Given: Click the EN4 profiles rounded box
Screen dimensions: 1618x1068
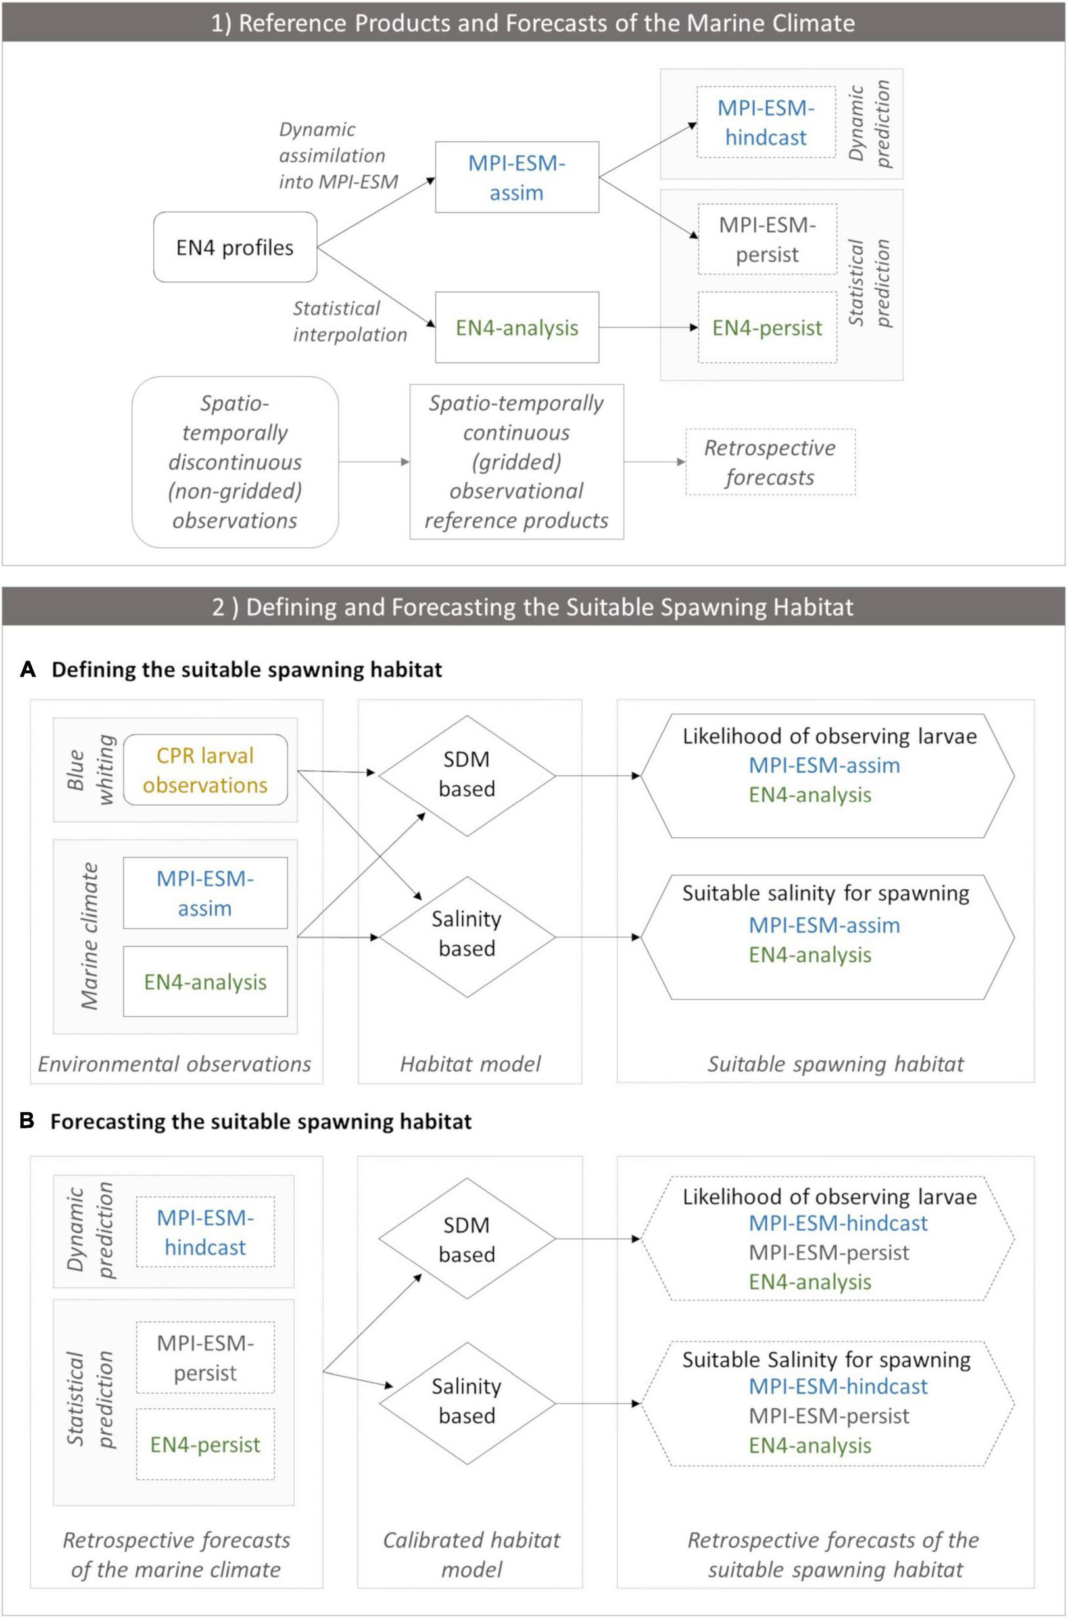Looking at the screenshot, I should click(235, 247).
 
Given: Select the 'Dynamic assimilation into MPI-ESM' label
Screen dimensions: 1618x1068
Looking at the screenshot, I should click(338, 155).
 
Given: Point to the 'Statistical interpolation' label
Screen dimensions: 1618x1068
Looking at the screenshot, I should click(349, 322).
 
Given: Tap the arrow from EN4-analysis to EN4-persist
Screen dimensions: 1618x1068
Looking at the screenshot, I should click(648, 328).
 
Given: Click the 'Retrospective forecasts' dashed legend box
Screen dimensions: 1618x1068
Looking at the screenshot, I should click(769, 462).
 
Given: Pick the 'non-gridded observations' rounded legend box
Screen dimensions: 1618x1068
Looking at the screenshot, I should click(235, 462).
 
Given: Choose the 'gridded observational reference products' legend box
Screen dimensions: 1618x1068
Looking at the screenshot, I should click(516, 462).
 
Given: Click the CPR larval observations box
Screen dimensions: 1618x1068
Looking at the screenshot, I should click(205, 770).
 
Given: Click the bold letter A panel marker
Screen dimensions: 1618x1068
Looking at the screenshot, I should click(28, 670).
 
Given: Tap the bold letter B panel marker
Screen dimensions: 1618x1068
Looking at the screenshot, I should click(28, 1121).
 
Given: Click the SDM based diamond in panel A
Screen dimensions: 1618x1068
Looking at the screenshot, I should click(466, 775).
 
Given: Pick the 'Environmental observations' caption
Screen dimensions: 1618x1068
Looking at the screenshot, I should click(174, 1064).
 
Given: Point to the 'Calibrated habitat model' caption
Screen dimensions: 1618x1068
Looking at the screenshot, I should click(472, 1555).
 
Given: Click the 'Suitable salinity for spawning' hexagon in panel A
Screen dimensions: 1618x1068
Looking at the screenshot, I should click(826, 937).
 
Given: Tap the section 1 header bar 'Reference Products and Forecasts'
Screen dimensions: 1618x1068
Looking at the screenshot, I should click(533, 23).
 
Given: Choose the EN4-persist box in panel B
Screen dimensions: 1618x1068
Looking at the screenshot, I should click(205, 1445).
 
